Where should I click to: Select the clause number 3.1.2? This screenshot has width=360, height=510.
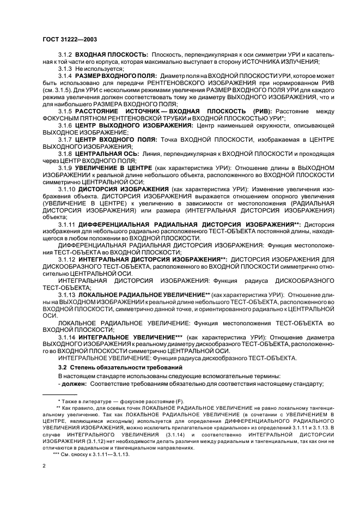pos(65,55)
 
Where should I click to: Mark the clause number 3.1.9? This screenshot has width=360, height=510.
pos(65,168)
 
